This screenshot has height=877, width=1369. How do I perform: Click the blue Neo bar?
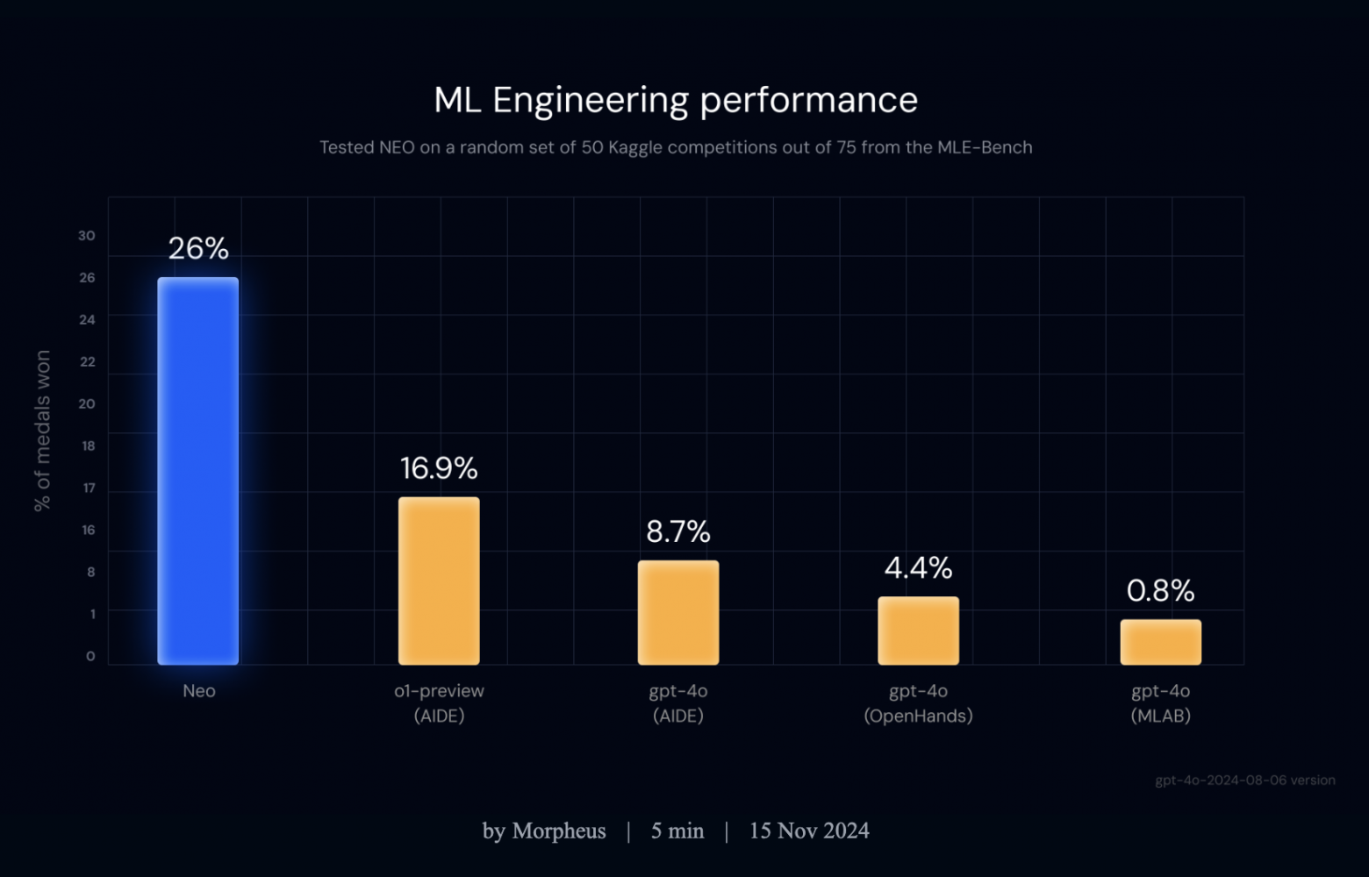click(x=197, y=471)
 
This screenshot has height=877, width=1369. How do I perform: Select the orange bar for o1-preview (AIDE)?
click(x=439, y=581)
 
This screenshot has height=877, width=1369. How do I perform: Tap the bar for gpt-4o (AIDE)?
click(x=678, y=612)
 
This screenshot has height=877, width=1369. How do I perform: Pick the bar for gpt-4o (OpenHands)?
click(x=918, y=631)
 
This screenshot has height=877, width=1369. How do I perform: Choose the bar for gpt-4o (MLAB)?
click(x=1160, y=642)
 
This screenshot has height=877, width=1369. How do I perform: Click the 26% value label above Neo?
click(x=198, y=249)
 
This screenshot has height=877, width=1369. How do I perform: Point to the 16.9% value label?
click(x=439, y=468)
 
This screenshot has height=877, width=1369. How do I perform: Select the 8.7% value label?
click(x=678, y=531)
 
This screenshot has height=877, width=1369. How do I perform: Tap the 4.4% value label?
click(x=918, y=568)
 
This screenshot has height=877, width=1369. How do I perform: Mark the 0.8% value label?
click(x=1160, y=591)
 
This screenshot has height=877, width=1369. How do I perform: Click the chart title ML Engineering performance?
click(x=676, y=100)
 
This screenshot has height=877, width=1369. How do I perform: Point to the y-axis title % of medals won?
click(x=42, y=431)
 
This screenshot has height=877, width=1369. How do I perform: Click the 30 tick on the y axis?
click(x=86, y=236)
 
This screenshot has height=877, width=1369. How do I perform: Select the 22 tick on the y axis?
click(x=87, y=361)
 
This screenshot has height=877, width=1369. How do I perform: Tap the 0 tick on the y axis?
click(x=90, y=656)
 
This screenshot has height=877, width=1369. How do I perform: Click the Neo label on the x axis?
click(x=199, y=691)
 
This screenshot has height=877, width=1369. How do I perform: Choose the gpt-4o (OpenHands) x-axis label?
click(x=918, y=703)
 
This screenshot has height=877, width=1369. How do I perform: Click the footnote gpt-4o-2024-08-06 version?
click(x=1244, y=781)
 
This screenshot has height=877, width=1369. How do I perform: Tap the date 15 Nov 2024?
click(x=808, y=831)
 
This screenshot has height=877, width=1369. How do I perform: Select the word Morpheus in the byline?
click(x=558, y=831)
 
